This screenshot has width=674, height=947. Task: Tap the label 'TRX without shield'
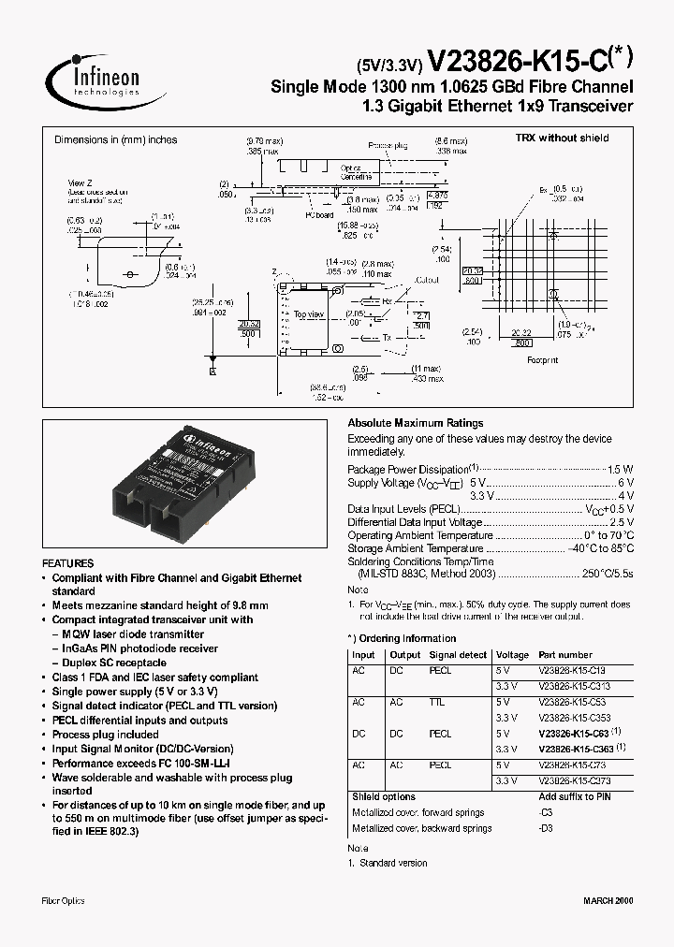(562, 138)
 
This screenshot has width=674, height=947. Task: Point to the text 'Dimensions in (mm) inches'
(115, 139)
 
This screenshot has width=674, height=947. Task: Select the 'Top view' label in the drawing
(307, 315)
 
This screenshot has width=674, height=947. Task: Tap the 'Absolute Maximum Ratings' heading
(416, 423)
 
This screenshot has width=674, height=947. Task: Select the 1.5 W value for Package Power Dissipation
(621, 469)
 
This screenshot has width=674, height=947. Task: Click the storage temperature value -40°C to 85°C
(600, 548)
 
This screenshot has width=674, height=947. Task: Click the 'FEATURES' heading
(68, 563)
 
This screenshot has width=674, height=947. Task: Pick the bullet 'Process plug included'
(105, 735)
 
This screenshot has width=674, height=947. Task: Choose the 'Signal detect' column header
(458, 655)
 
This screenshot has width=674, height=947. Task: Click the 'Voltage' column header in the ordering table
(512, 655)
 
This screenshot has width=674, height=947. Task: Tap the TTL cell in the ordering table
(437, 701)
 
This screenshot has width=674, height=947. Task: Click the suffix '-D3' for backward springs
(546, 828)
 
